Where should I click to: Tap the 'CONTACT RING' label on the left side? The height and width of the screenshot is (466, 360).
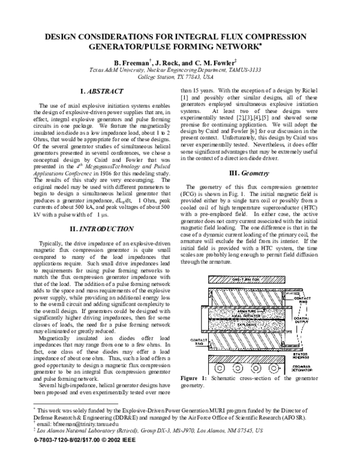197,340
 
